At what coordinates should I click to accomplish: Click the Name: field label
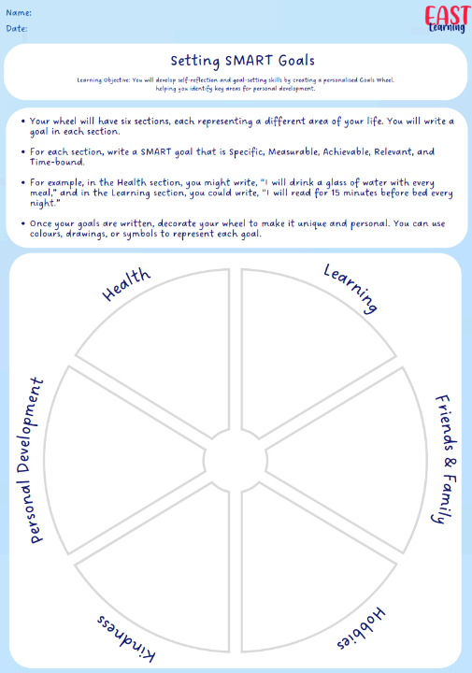point(19,13)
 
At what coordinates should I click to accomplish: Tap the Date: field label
point(17,28)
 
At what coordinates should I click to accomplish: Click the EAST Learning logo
point(447,20)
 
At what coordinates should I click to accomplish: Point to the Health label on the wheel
point(126,284)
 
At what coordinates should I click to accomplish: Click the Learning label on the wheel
point(351,288)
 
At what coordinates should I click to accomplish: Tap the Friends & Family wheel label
point(445,458)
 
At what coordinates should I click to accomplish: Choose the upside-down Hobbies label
point(361,628)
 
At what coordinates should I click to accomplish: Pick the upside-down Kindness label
point(126,637)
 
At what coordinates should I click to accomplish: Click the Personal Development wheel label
point(30,461)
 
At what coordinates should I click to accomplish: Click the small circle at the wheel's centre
point(236,461)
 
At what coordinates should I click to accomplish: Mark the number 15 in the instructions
point(336,193)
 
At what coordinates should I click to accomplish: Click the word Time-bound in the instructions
point(57,162)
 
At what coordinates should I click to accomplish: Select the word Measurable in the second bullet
point(293,151)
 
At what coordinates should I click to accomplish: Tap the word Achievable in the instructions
point(346,151)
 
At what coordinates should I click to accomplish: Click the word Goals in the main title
point(296,61)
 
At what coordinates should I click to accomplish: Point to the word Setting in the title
point(195,61)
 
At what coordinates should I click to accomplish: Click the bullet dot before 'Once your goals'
point(23,223)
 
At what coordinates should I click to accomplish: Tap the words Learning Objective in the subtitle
point(103,80)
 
